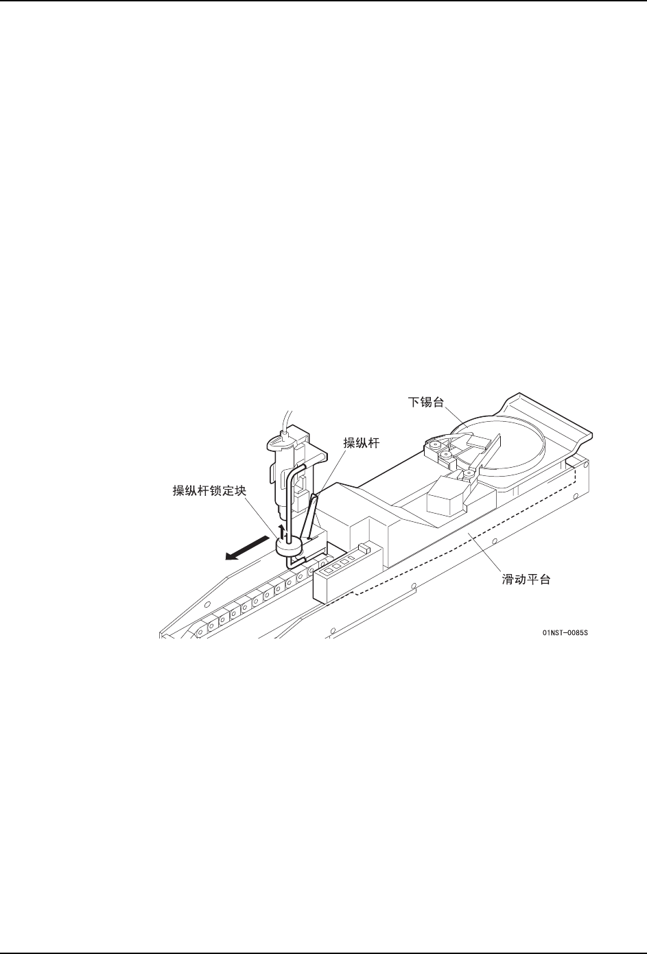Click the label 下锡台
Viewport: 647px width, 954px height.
[x=426, y=402]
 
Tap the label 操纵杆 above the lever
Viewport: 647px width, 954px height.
[x=361, y=443]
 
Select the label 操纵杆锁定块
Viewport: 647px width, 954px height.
[x=209, y=490]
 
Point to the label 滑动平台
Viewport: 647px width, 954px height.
[x=526, y=580]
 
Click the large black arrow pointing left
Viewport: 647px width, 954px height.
[x=247, y=548]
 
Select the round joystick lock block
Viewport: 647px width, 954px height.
[x=289, y=548]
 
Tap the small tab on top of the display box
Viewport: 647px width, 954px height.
[x=364, y=547]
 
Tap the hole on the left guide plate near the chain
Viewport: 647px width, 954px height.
[x=207, y=605]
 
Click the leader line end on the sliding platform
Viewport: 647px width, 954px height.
[x=468, y=532]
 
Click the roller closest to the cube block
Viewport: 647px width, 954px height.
[x=469, y=473]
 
